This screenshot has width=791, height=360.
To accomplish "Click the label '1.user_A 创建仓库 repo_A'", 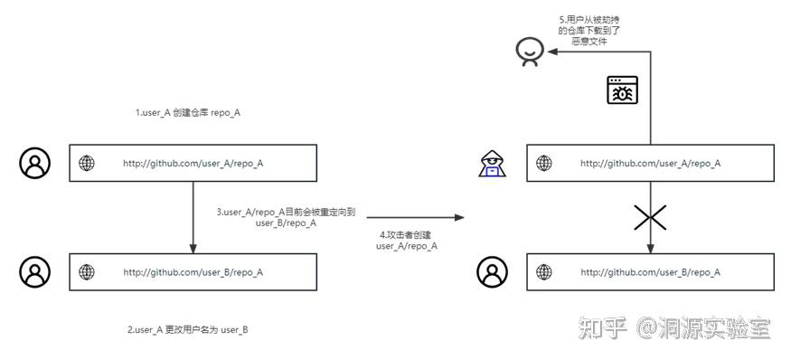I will coord(187,113).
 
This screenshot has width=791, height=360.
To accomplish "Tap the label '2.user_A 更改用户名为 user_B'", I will coord(187,330).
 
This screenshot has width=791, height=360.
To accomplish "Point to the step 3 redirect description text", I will coord(286,217).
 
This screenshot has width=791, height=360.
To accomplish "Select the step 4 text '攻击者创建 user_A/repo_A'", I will coord(406,240).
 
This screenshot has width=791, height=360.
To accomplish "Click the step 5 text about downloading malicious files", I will coord(589,30).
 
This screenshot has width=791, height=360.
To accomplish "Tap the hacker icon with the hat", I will coord(491,164).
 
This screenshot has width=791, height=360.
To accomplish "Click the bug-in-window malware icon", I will coord(622,90).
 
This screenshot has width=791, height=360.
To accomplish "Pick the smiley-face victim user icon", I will coord(529,52).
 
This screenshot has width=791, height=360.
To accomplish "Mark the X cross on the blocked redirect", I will coord(650,217).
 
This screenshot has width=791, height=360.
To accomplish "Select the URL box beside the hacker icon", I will coord(650,164).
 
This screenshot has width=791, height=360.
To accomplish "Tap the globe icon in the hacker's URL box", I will coord(543,164).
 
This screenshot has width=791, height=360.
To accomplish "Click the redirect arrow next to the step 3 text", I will coord(193,217).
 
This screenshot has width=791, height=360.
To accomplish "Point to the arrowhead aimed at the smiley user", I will coord(551,52).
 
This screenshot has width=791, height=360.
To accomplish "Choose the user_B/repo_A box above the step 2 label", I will coord(193,272).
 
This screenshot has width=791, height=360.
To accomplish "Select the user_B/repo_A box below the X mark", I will coord(650,272).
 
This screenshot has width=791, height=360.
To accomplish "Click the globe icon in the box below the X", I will coord(543,272).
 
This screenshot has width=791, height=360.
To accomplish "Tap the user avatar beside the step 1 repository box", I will coord(35,164).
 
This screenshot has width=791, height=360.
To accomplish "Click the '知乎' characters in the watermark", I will coord(603,328).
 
